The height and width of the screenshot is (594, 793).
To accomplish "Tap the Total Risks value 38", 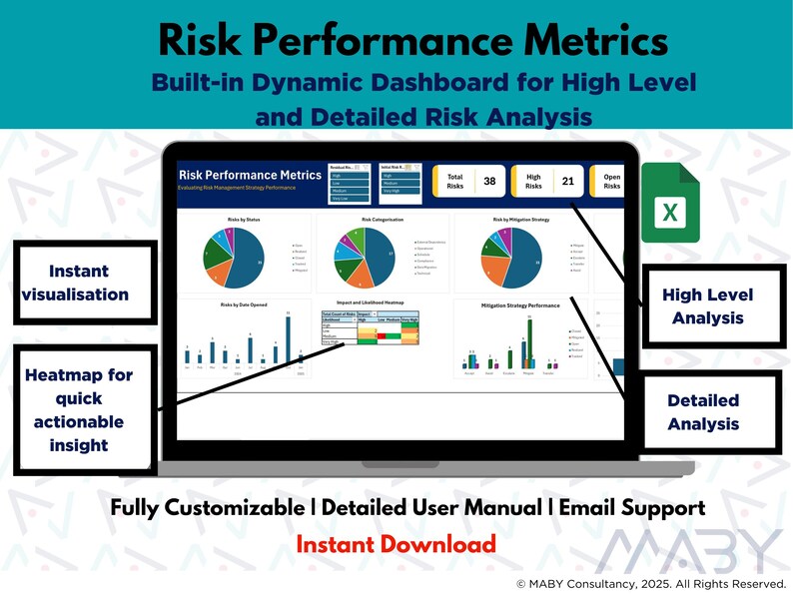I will coord(489,182).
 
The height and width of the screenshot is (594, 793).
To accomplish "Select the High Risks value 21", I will coord(567,182).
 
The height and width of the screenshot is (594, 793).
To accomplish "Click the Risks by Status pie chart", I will coord(235,258).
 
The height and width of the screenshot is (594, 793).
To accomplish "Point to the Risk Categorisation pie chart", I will coord(365,258).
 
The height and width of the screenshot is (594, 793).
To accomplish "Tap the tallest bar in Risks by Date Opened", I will coord(288,339).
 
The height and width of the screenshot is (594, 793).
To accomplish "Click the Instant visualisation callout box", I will coord(79,283).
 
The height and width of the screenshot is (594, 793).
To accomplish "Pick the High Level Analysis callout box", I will coord(708,305).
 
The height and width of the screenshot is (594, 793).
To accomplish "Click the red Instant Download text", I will coord(396,544).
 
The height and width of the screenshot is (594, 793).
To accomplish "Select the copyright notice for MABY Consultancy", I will coord(650,583).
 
